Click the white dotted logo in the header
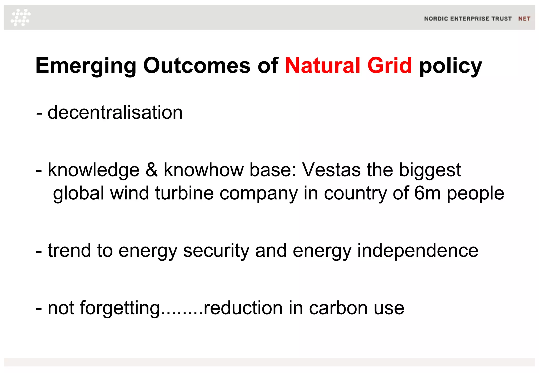(x=21, y=17)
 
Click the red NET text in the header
(x=524, y=19)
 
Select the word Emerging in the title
(x=86, y=66)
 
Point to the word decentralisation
(x=115, y=113)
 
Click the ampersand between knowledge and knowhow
(x=152, y=170)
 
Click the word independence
(x=418, y=250)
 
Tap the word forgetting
(x=120, y=308)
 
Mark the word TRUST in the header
(x=502, y=19)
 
